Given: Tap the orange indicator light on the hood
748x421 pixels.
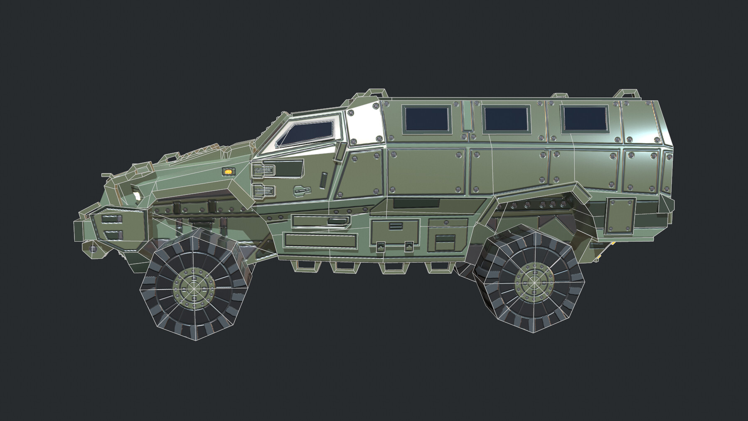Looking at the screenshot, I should [228, 170].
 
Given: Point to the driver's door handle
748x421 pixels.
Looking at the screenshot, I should [303, 190].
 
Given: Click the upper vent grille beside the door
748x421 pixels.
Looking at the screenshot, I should [263, 170].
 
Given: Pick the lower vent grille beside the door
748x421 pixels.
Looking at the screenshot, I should [263, 191].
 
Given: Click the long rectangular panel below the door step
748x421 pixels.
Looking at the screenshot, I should [320, 240].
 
